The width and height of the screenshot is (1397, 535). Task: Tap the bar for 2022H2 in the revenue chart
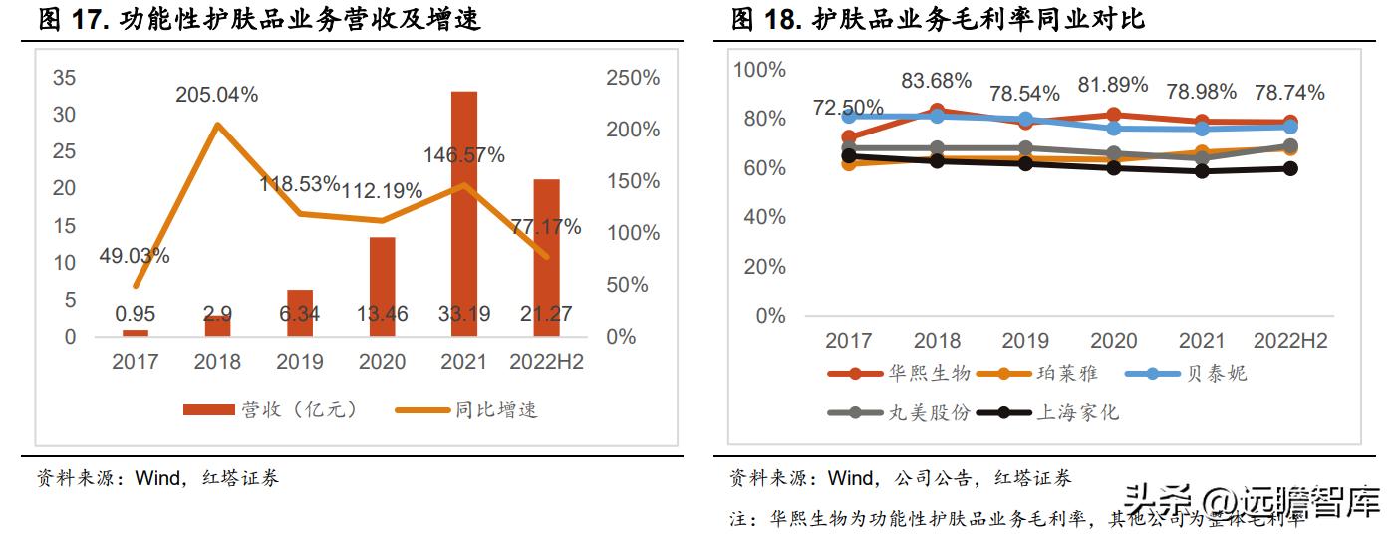click(x=546, y=258)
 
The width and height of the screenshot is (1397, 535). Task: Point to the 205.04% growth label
click(x=217, y=95)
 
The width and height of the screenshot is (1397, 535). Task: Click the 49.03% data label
click(x=135, y=256)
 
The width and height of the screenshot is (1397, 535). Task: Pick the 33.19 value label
click(x=463, y=315)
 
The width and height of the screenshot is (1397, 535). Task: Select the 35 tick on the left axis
click(x=64, y=78)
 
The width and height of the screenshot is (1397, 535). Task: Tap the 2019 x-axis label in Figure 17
click(x=300, y=362)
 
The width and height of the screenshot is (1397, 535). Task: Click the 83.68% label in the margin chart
click(x=938, y=81)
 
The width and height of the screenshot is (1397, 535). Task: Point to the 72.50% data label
click(x=848, y=107)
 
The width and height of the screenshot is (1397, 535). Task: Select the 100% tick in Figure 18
click(x=760, y=70)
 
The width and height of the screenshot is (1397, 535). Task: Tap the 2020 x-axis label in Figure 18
click(x=1113, y=341)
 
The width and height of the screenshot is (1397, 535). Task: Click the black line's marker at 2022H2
click(x=1290, y=168)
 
